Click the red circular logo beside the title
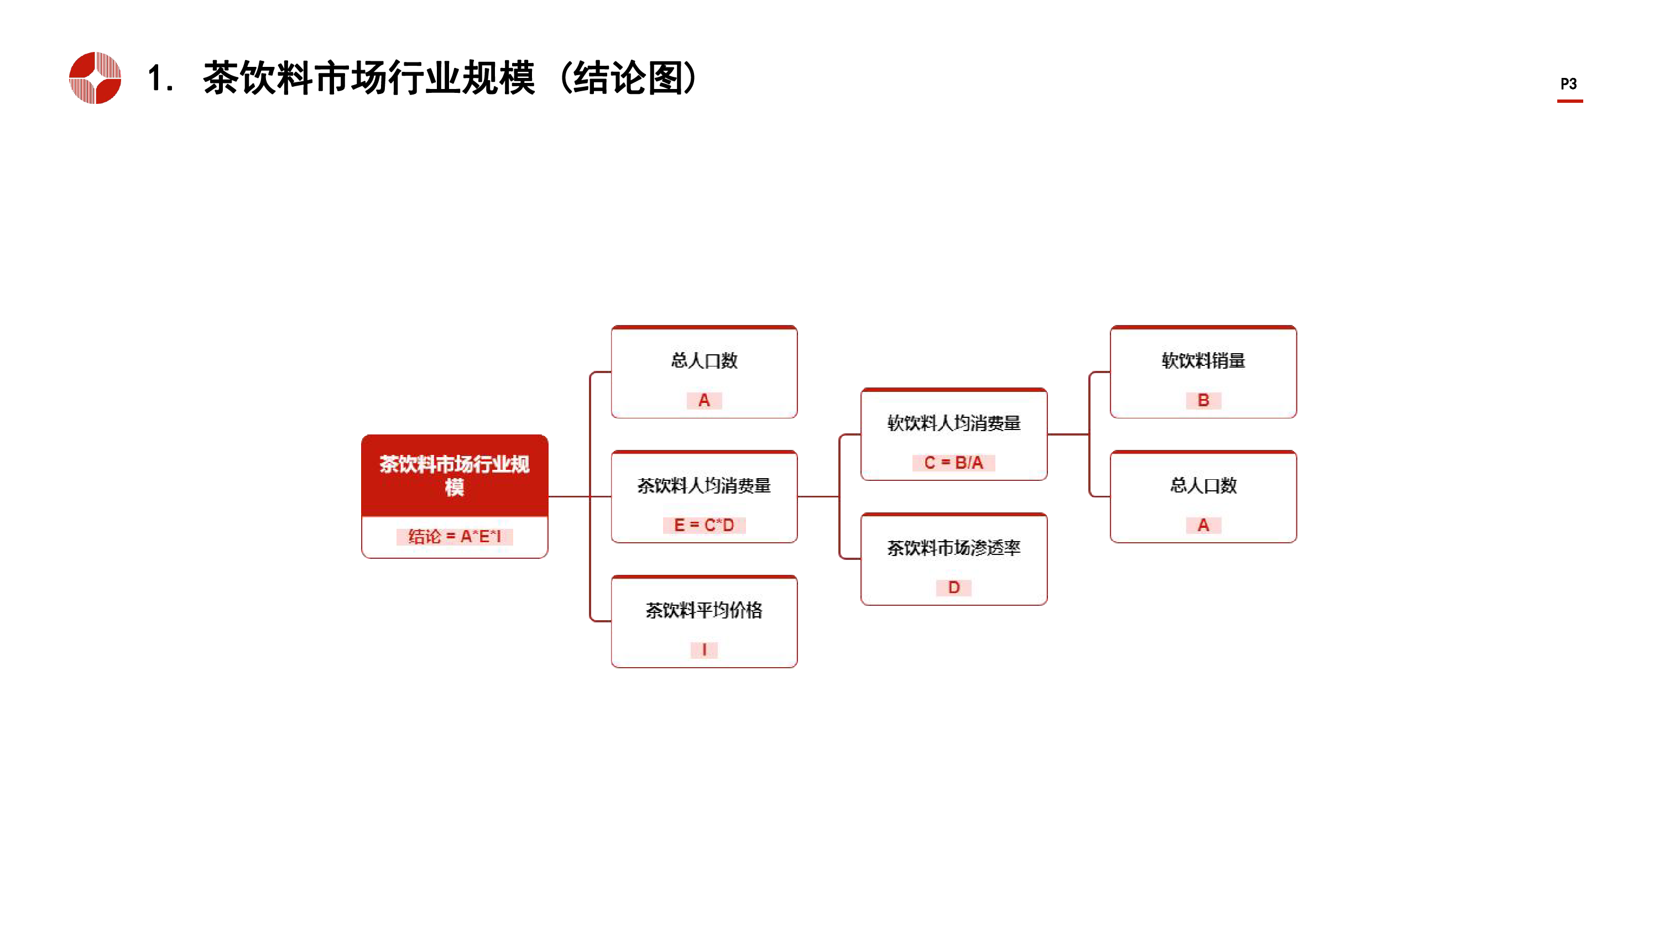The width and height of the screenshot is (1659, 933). (95, 78)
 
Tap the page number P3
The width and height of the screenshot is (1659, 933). (1568, 83)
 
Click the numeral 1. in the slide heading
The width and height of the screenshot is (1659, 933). (160, 78)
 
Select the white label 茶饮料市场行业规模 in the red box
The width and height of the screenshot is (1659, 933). (454, 475)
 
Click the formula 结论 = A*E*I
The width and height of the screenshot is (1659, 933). (454, 536)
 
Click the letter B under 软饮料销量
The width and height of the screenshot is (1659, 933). (1203, 401)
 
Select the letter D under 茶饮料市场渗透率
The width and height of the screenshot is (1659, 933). (954, 587)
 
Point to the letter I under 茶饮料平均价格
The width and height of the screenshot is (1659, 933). (704, 649)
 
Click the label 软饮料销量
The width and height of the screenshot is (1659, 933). (1203, 360)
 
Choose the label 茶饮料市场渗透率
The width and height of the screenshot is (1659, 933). (954, 548)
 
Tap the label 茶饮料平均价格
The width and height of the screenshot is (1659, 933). (704, 610)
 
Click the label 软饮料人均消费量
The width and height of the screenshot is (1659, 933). (954, 423)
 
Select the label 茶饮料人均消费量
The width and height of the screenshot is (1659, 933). (704, 485)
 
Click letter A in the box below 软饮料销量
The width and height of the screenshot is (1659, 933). (1203, 526)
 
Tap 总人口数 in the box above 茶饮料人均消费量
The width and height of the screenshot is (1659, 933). (704, 360)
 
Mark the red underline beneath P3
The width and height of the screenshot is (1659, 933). (1569, 101)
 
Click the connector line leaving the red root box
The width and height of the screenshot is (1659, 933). (568, 496)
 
